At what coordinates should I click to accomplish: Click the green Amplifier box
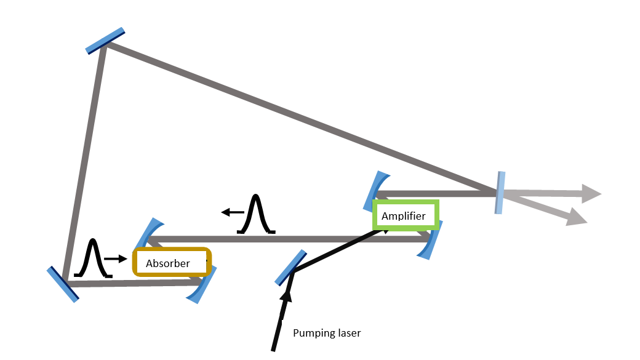click(406, 215)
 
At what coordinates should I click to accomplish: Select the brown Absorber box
click(172, 262)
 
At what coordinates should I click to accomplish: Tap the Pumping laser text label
click(326, 333)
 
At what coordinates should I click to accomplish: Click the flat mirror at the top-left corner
click(105, 41)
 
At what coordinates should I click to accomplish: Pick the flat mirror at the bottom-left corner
click(63, 284)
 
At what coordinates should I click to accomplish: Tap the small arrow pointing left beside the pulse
click(232, 212)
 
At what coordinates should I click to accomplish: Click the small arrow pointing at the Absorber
click(115, 259)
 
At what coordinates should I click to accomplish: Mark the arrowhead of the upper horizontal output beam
click(591, 193)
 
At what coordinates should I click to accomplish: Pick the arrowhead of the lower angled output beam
click(576, 217)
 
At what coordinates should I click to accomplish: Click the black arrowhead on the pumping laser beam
click(286, 298)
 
